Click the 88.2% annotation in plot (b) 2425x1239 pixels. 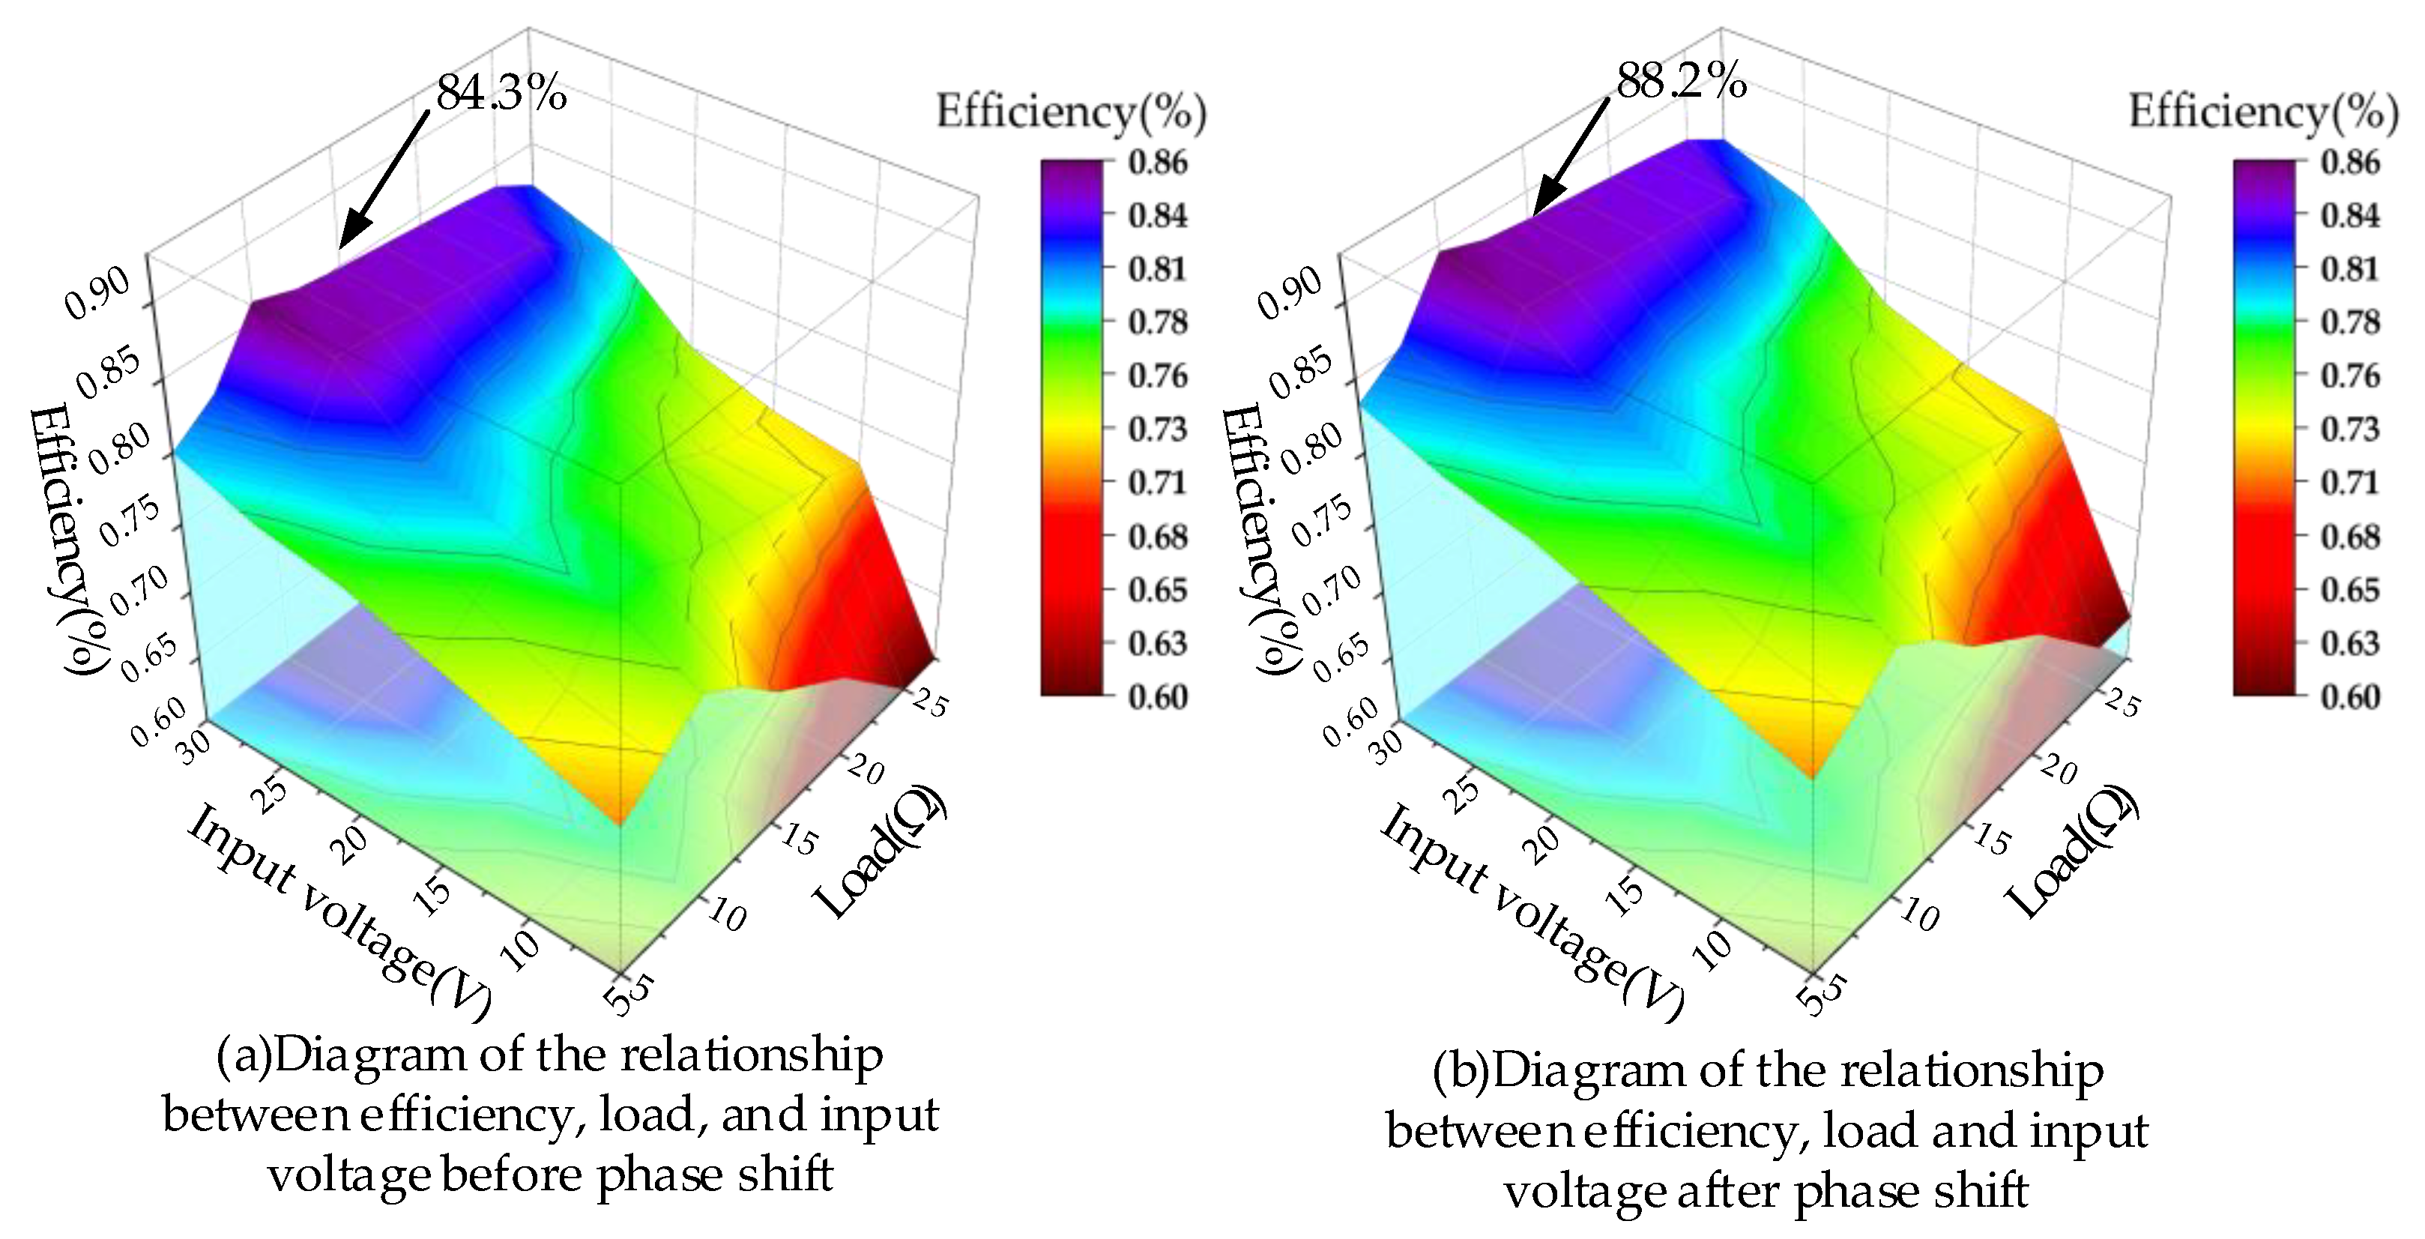pos(1682,82)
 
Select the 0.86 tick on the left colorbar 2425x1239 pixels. pos(1158,162)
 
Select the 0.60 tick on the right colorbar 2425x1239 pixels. pos(2350,696)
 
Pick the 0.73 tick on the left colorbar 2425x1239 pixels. pos(1158,429)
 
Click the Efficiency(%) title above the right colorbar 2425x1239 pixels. pos(2263,112)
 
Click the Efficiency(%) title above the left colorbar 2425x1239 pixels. pos(1070,112)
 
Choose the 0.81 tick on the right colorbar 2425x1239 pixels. pos(2350,269)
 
